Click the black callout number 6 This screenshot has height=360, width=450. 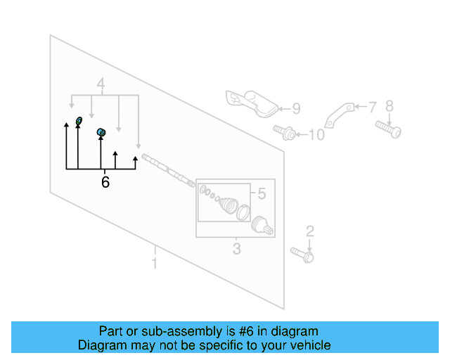[105, 182]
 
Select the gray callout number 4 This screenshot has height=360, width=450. [101, 86]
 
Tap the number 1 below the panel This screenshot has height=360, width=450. [155, 264]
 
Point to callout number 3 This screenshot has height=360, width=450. [236, 249]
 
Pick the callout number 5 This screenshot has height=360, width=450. [261, 193]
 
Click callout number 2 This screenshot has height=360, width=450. [309, 231]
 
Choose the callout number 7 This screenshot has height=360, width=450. [372, 107]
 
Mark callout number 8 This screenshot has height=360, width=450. [390, 106]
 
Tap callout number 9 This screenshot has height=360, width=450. [296, 108]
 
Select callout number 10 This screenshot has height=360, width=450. [316, 134]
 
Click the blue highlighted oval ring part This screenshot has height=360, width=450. [79, 121]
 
